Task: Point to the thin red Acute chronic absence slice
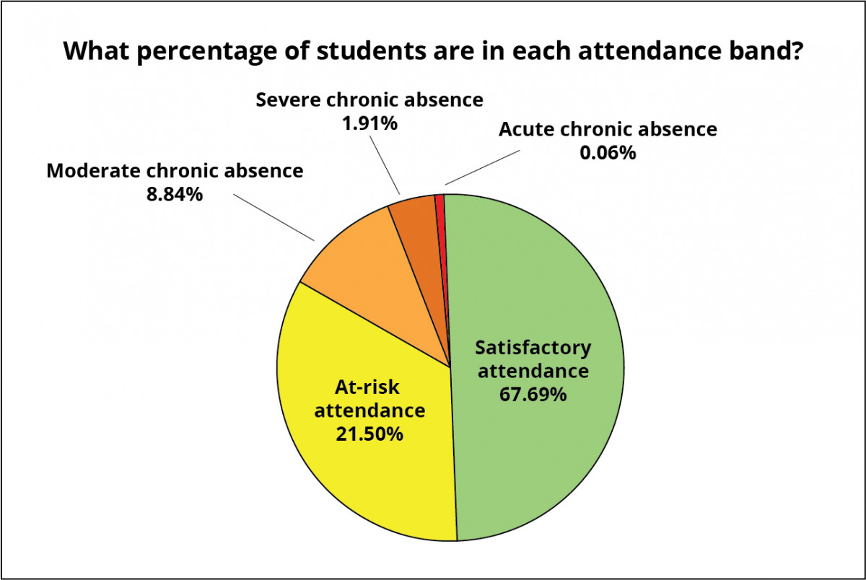(439, 206)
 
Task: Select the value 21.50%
(369, 434)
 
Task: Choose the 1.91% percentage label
(369, 123)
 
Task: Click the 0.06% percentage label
(607, 152)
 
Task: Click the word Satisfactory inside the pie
(533, 348)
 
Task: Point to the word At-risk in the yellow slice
(367, 387)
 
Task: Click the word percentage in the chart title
(191, 53)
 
